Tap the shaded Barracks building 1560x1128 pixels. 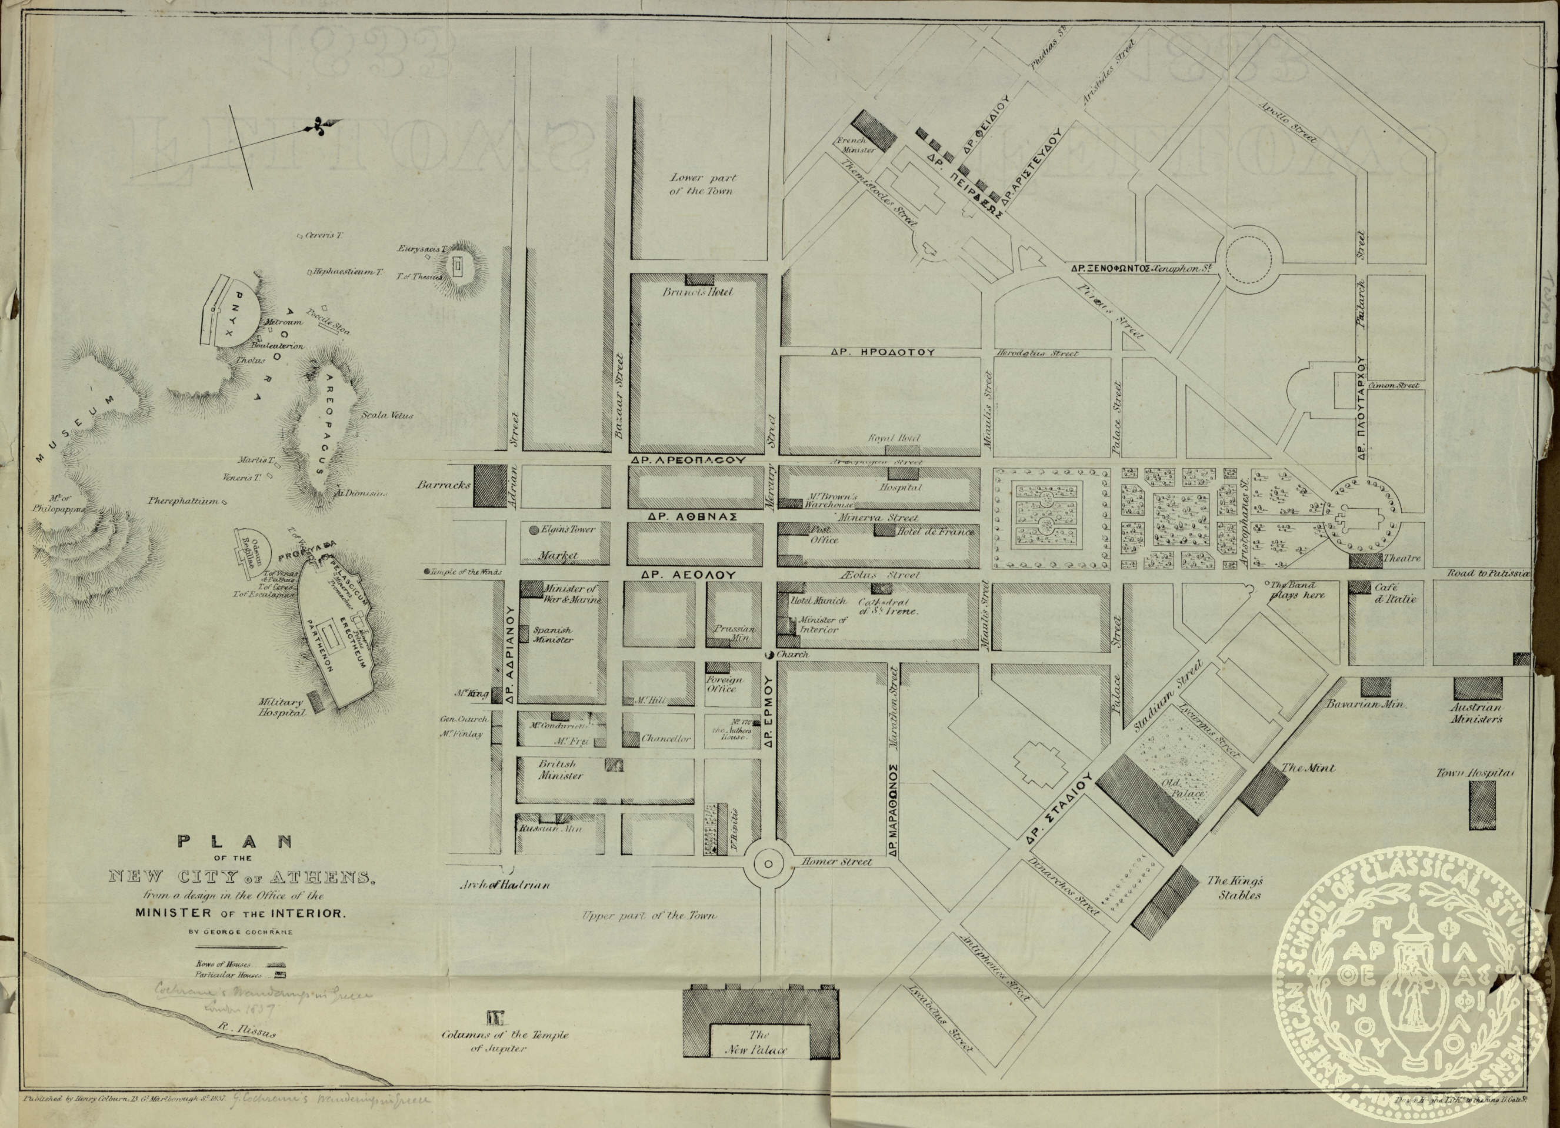click(490, 484)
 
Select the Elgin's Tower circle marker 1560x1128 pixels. click(534, 530)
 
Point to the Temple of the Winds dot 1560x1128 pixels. click(427, 572)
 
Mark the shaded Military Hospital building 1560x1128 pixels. click(315, 700)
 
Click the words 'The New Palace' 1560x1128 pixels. click(759, 1042)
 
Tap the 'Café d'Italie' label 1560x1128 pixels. click(1395, 593)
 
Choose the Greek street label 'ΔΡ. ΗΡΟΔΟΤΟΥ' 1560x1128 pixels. click(882, 352)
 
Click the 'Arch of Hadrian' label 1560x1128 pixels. click(505, 885)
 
